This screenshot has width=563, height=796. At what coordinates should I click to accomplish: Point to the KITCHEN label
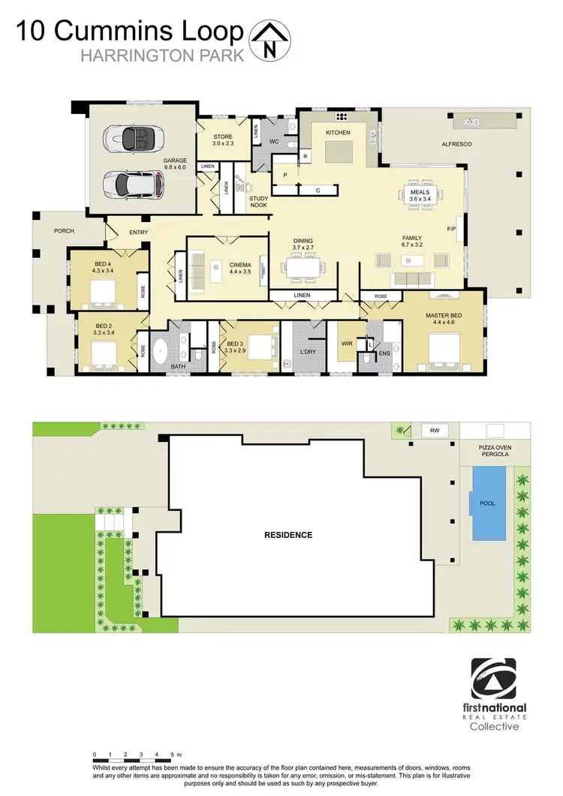pyautogui.click(x=337, y=133)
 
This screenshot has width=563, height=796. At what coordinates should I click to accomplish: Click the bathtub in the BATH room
pyautogui.click(x=161, y=352)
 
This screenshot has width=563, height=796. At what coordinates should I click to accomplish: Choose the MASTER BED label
pyautogui.click(x=441, y=319)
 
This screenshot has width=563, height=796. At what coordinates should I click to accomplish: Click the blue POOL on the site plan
pyautogui.click(x=488, y=503)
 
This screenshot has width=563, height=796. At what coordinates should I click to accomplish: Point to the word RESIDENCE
pyautogui.click(x=288, y=535)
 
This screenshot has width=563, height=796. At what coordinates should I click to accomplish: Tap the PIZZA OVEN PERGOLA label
pyautogui.click(x=493, y=451)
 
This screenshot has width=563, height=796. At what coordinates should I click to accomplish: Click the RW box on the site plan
pyautogui.click(x=434, y=431)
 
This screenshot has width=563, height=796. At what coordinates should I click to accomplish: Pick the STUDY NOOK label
pyautogui.click(x=258, y=202)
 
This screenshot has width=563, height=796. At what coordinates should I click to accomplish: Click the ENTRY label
pyautogui.click(x=138, y=233)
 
